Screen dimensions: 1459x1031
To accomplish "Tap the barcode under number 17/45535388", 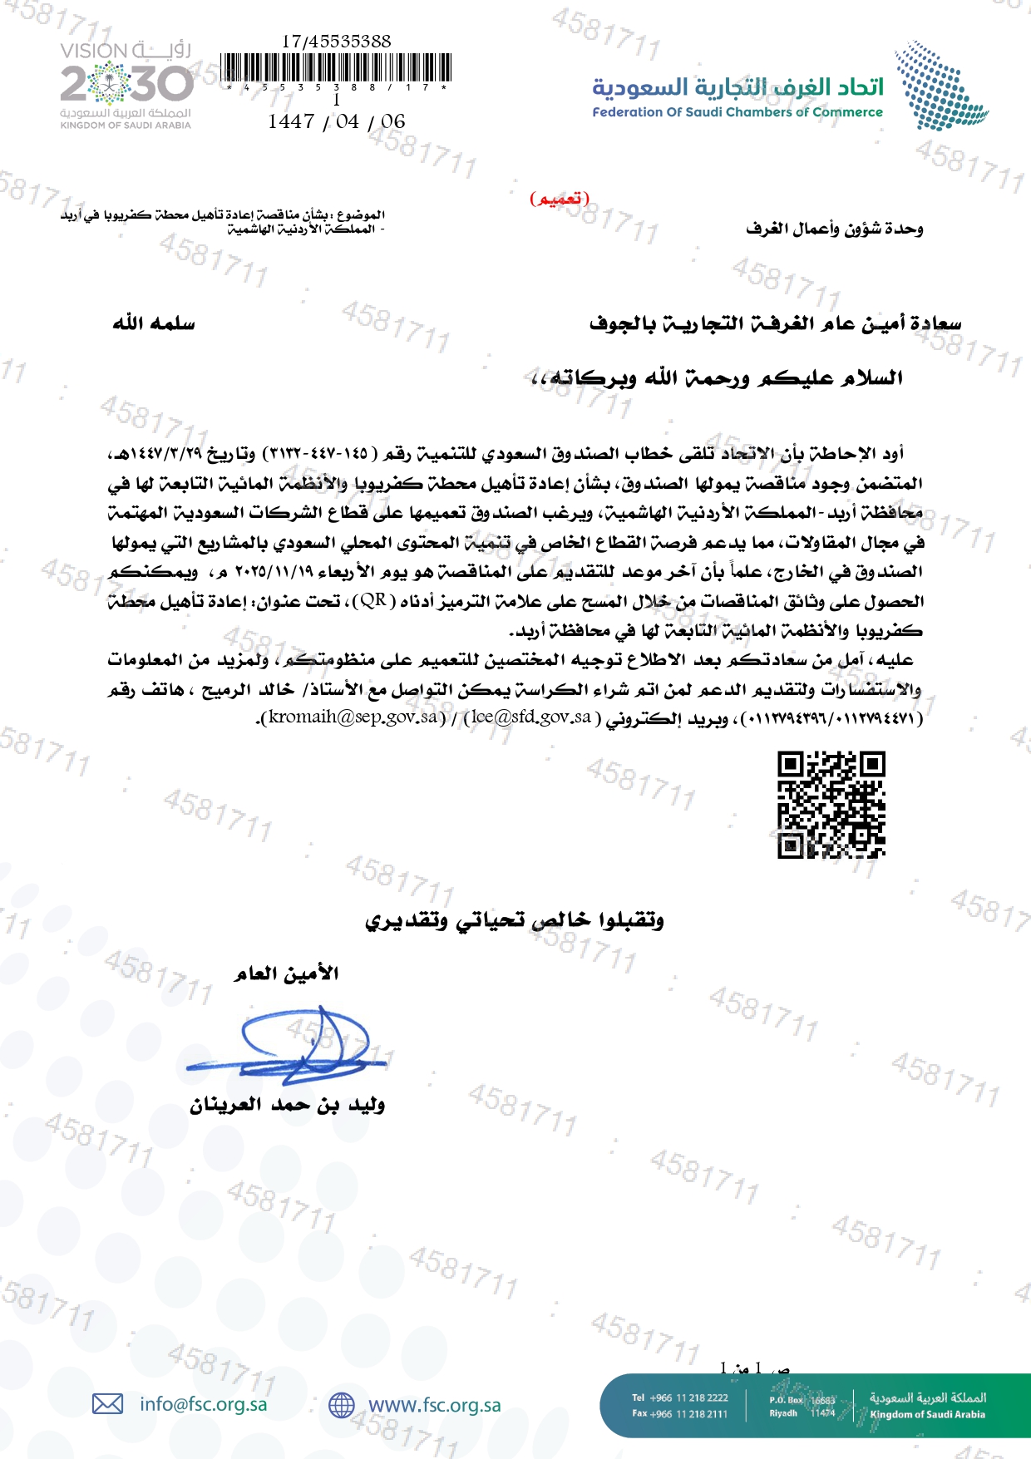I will click(337, 67).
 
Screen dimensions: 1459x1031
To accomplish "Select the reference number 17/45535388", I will click(336, 41).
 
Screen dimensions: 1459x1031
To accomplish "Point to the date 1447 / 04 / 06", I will click(336, 121).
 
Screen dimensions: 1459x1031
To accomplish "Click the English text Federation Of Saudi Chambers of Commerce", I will click(737, 112).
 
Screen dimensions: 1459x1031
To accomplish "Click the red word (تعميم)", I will click(560, 199).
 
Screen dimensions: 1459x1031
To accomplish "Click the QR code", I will click(831, 804).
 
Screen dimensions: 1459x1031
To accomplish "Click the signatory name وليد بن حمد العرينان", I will click(288, 1105).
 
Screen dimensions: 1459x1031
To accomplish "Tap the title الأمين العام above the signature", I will click(287, 973).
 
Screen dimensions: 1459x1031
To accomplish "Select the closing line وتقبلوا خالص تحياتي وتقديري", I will click(515, 920).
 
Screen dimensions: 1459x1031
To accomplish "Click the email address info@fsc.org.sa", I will click(204, 1404).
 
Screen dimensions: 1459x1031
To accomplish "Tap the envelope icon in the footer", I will click(107, 1404).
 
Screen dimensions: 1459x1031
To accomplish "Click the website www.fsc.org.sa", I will click(434, 1405).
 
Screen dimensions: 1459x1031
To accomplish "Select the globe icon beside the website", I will click(341, 1405).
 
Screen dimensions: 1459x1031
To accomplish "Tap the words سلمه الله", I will click(154, 323).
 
